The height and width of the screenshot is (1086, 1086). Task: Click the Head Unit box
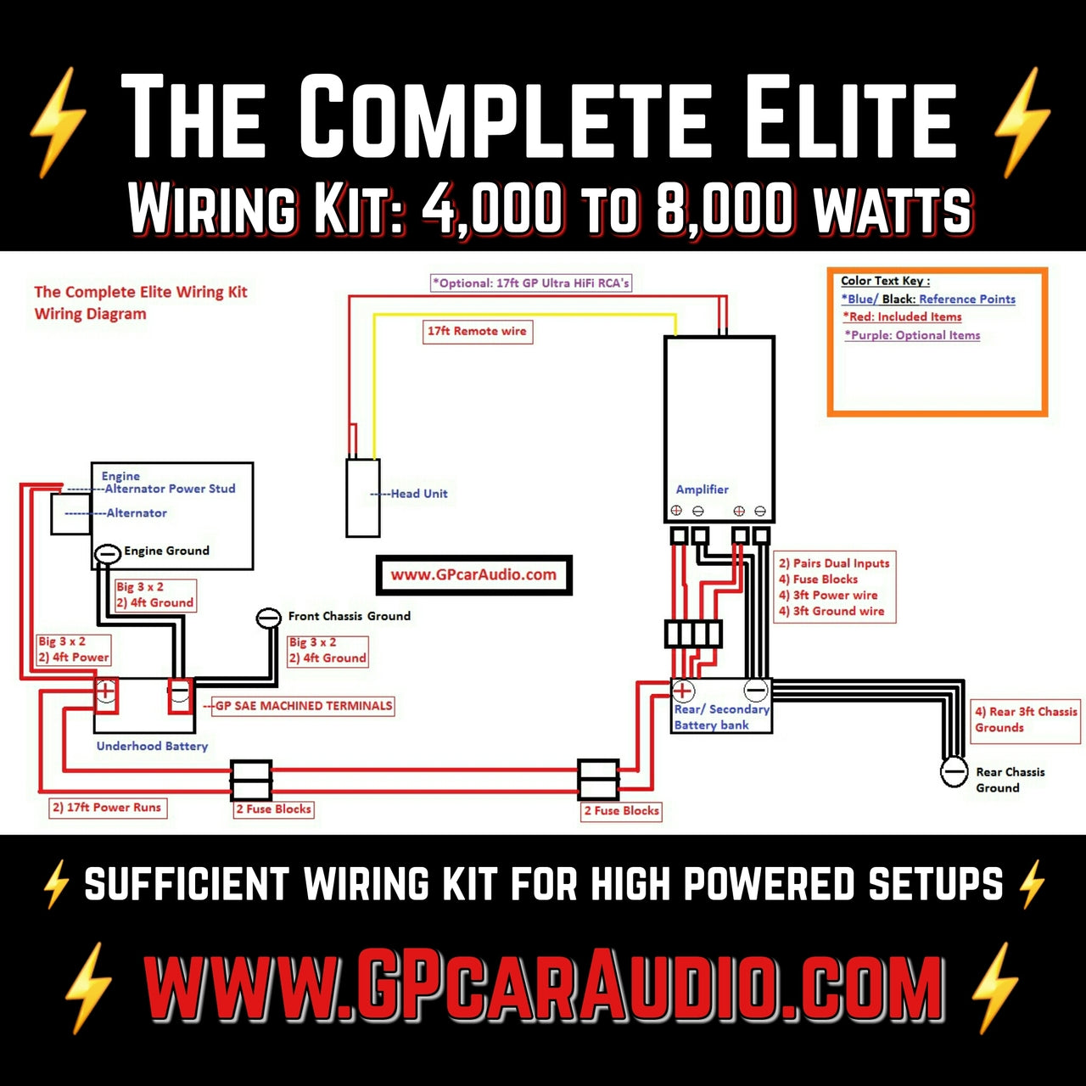[363, 498]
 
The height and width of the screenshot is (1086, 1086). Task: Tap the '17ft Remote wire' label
[477, 331]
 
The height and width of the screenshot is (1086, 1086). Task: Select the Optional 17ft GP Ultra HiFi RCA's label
[531, 283]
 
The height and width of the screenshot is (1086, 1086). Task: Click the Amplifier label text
[702, 490]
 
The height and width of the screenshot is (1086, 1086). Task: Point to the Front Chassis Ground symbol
[269, 618]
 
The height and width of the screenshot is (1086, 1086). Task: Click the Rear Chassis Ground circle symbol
[954, 772]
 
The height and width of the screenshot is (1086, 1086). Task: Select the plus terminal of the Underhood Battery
[106, 691]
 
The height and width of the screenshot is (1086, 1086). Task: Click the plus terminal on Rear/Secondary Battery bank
[683, 691]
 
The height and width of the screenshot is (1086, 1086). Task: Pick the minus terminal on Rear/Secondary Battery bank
[756, 690]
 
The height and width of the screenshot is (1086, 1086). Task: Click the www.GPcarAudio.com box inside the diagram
[473, 574]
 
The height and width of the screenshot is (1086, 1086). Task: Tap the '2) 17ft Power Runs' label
[107, 808]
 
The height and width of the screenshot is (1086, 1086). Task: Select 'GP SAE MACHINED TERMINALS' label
[303, 706]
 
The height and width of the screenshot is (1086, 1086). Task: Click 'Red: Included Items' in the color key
[903, 316]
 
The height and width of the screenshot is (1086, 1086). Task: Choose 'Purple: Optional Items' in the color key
[912, 335]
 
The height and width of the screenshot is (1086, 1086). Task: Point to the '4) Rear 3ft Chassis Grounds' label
[1026, 719]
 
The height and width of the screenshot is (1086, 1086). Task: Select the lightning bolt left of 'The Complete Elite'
[58, 121]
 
